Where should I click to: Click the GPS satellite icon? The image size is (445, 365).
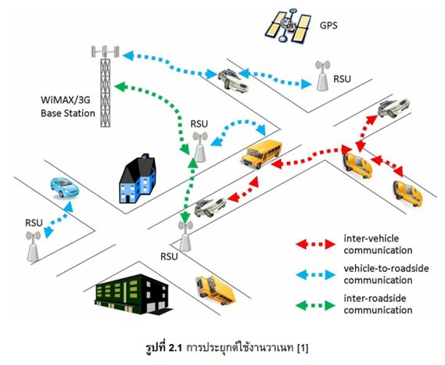click(287, 25)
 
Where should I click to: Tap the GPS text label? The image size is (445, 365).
click(328, 25)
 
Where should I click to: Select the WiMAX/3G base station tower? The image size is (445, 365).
click(106, 86)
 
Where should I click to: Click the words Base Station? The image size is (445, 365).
click(68, 113)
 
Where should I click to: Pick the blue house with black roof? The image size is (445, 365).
click(138, 179)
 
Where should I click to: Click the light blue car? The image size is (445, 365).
click(64, 187)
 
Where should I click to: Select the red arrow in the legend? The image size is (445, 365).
click(316, 244)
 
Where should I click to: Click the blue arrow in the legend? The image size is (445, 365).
click(316, 274)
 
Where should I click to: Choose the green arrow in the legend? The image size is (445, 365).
click(316, 306)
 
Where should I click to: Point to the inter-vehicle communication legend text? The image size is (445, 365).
click(378, 244)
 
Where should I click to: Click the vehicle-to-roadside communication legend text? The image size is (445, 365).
click(386, 274)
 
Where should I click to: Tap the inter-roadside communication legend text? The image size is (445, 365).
click(378, 304)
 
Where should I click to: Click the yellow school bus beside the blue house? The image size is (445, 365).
click(261, 154)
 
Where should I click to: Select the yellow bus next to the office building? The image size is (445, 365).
click(215, 290)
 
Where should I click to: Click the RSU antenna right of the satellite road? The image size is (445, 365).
click(323, 76)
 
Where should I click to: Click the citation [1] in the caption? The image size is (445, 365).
click(303, 348)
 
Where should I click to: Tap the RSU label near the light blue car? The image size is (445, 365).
click(34, 223)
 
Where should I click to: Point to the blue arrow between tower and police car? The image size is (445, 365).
click(170, 65)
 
